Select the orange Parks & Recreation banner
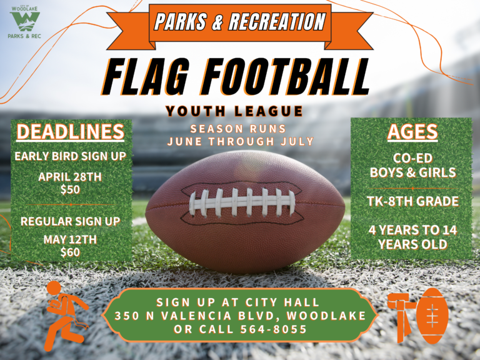pos(240,22)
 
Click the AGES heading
pos(412,132)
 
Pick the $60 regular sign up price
pos(70,252)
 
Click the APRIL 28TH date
pos(70,177)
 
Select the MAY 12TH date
pos(70,240)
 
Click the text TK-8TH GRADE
pos(412,201)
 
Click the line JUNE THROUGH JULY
pos(239,141)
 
